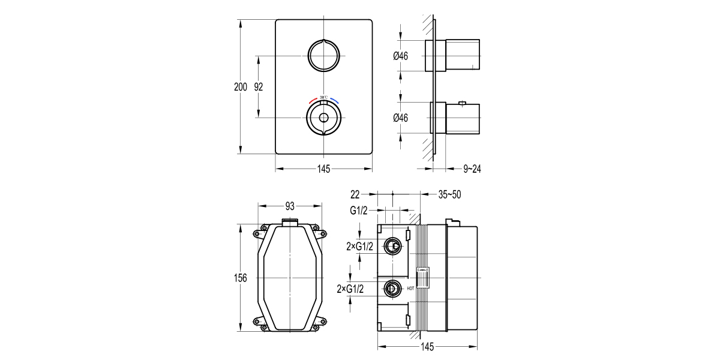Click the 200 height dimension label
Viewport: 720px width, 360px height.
240,87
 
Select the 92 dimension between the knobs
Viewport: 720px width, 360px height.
259,87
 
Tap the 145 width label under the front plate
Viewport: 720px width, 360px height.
323,169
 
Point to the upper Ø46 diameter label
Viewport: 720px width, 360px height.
401,56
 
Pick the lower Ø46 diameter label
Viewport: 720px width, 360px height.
401,118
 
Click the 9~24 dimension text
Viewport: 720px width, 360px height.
472,169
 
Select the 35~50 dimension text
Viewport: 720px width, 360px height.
449,194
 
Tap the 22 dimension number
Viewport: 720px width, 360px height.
355,194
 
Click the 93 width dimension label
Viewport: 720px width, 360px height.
290,206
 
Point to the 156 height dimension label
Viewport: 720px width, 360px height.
240,278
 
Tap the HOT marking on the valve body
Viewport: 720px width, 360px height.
410,289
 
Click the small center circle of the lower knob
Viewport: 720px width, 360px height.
323,118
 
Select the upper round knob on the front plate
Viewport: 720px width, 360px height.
323,56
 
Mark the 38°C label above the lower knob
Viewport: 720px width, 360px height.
323,97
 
